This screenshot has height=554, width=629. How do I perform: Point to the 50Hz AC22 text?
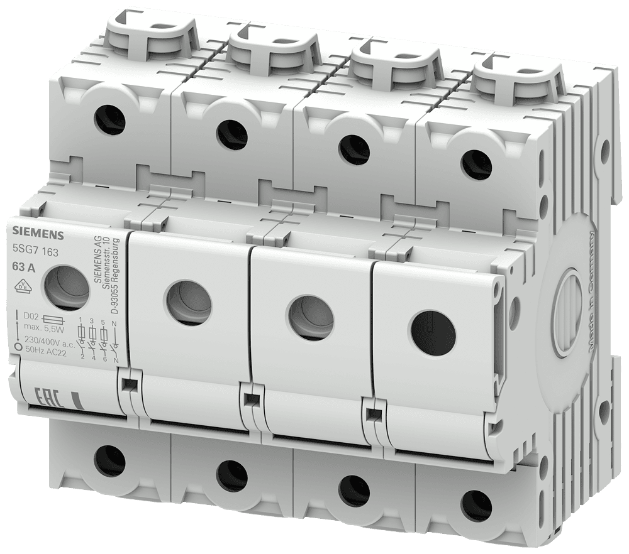pos(46,350)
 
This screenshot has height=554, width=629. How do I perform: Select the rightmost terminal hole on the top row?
pos(471,165)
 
